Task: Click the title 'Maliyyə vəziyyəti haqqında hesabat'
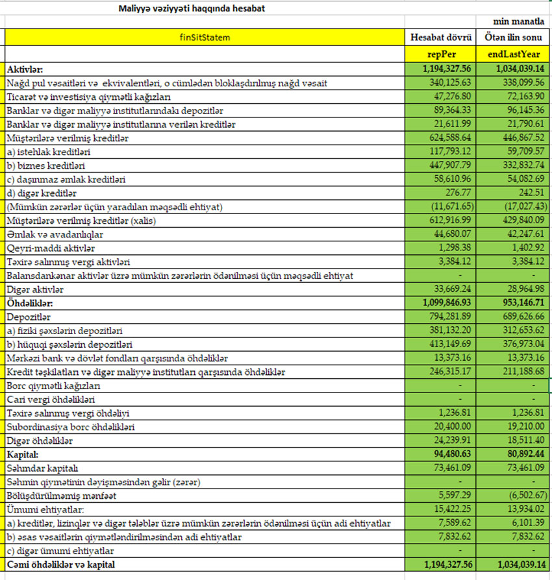click(192, 8)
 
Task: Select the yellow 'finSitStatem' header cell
click(205, 38)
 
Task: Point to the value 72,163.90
click(523, 97)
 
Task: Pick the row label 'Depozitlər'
click(28, 317)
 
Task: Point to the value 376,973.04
click(523, 344)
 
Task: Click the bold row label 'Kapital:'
click(23, 454)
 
